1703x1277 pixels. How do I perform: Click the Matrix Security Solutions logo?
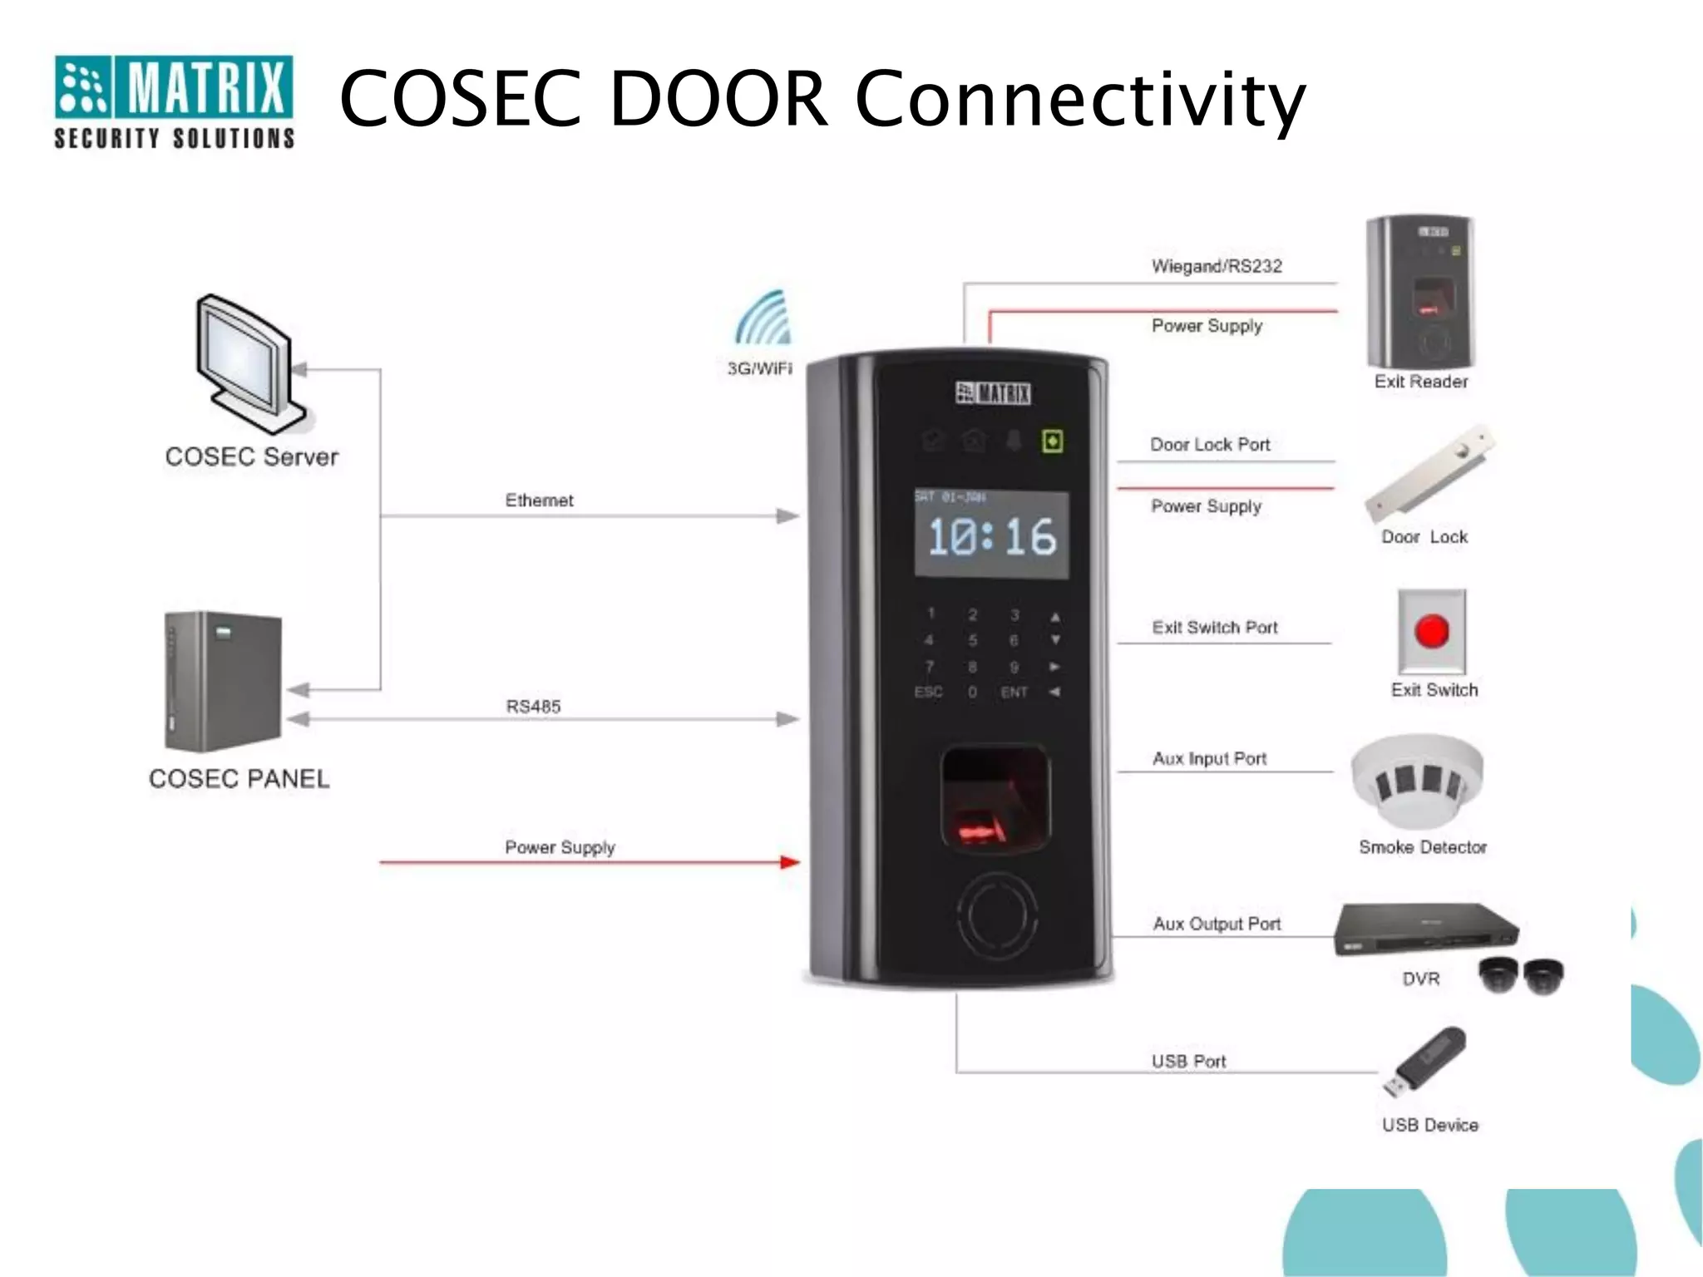click(174, 101)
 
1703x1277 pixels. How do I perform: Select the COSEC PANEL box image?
click(223, 681)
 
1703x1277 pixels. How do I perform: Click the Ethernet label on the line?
click(539, 500)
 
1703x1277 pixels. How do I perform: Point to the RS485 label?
click(533, 707)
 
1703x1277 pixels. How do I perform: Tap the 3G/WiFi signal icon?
click(763, 318)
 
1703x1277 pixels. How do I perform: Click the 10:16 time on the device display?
click(991, 537)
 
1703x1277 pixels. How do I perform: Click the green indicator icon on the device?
click(1053, 441)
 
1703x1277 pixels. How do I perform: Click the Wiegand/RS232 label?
click(1217, 267)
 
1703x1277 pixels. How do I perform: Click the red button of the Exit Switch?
click(1432, 631)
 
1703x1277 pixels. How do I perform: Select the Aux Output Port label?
click(1217, 924)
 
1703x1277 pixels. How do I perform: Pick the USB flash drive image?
click(1424, 1062)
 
